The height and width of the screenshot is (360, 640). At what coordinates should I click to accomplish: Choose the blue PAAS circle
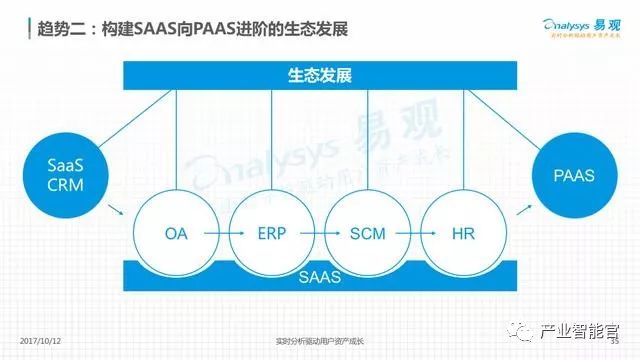[575, 175]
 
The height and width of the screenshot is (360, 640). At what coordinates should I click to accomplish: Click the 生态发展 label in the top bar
[319, 76]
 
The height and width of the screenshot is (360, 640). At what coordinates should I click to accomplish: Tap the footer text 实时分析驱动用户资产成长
[319, 340]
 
